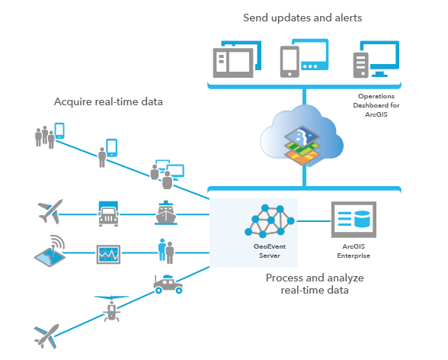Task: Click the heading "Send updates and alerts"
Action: [x=302, y=18]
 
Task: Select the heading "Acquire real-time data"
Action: [x=108, y=101]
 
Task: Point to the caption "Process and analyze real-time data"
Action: [x=315, y=284]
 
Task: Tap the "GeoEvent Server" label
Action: [x=270, y=251]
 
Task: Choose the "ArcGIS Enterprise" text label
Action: [x=354, y=251]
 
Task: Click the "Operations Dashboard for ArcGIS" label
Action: [x=376, y=105]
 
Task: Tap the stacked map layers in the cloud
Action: [x=302, y=145]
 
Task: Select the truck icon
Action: [x=108, y=214]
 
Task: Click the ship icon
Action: [x=166, y=213]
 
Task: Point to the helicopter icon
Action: [x=112, y=309]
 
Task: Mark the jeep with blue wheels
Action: [x=168, y=284]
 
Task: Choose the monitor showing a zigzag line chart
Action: [x=108, y=254]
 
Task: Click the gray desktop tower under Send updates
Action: [x=361, y=65]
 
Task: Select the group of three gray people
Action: [x=45, y=137]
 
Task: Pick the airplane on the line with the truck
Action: [x=50, y=211]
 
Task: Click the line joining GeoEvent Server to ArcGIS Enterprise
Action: [x=314, y=221]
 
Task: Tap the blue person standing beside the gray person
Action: [x=162, y=249]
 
